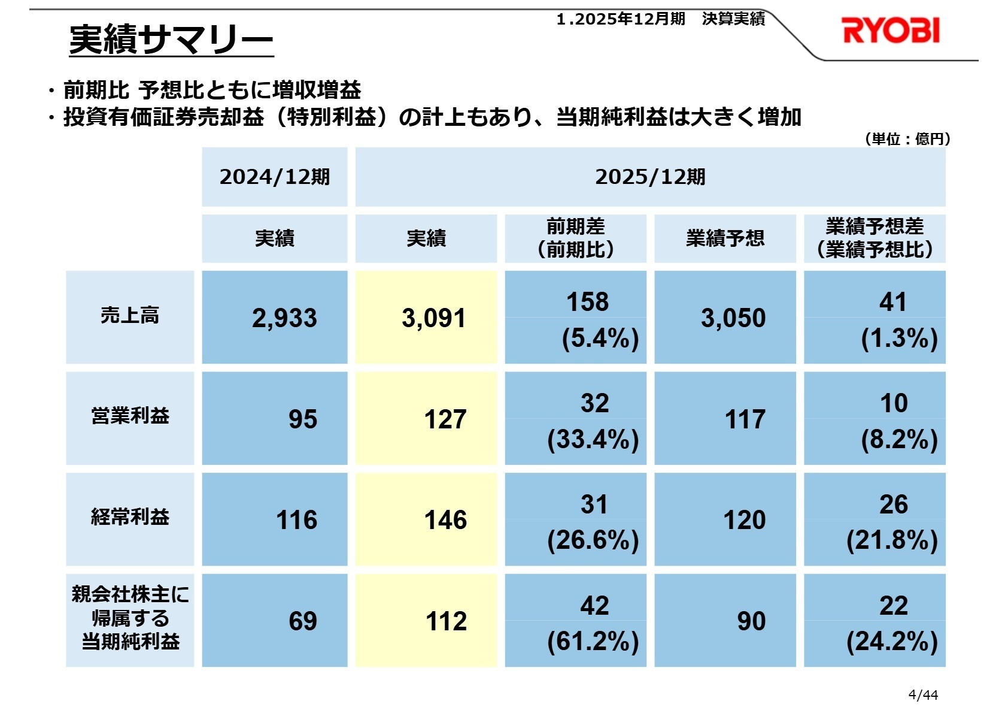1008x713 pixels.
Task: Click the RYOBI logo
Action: pyautogui.click(x=890, y=31)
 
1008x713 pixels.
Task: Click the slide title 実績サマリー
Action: pyautogui.click(x=171, y=40)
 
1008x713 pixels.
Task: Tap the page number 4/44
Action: pyautogui.click(x=923, y=695)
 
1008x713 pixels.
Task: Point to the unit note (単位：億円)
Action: pyautogui.click(x=907, y=139)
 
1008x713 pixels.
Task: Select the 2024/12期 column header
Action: pyautogui.click(x=274, y=177)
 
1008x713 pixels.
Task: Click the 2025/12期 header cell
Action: pyautogui.click(x=650, y=177)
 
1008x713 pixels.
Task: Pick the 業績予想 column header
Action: pyautogui.click(x=725, y=238)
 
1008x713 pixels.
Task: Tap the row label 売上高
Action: pyautogui.click(x=130, y=316)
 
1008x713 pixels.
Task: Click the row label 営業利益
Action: pyautogui.click(x=130, y=416)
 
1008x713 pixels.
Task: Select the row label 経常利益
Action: pyautogui.click(x=130, y=517)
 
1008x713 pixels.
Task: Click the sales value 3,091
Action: pyautogui.click(x=433, y=318)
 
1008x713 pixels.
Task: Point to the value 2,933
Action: pyautogui.click(x=284, y=318)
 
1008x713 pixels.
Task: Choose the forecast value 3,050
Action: pyautogui.click(x=733, y=318)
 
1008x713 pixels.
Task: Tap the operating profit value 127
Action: pyautogui.click(x=445, y=419)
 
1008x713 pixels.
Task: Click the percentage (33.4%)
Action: pyautogui.click(x=593, y=440)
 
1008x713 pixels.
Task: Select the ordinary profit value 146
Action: pyautogui.click(x=445, y=520)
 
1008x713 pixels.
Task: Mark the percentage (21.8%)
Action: pyautogui.click(x=892, y=540)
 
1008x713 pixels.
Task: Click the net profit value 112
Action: pyautogui.click(x=446, y=621)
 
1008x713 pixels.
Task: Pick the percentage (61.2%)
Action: pyautogui.click(x=593, y=642)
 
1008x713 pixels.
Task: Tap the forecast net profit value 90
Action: pyautogui.click(x=751, y=621)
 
